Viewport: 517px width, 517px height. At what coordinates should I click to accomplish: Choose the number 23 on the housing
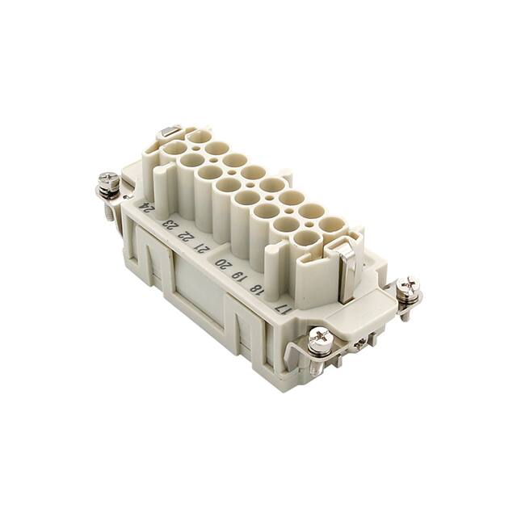coord(169,224)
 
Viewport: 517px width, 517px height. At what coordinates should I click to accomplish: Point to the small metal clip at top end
coord(170,131)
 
